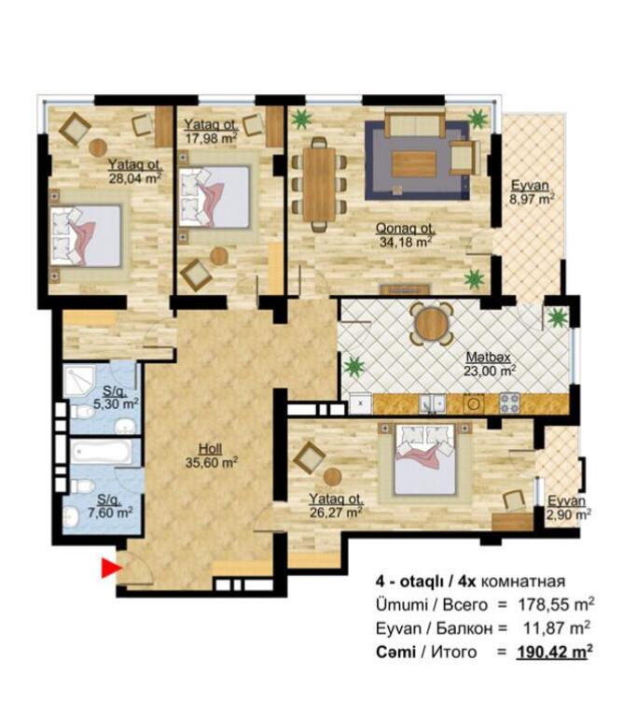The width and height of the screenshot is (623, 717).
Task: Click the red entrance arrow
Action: (x=111, y=569)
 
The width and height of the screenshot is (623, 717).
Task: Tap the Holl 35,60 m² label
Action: (x=211, y=456)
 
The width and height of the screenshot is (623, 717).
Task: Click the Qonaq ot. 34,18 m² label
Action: (x=406, y=235)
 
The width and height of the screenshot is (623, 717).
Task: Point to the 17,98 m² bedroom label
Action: (x=211, y=132)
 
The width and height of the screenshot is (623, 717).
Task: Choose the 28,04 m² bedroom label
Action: (x=134, y=171)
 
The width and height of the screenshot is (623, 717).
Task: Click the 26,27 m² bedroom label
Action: (x=337, y=506)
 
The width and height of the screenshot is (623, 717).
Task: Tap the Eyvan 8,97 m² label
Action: (x=532, y=192)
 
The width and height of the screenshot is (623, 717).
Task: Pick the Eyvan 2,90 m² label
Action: (x=568, y=508)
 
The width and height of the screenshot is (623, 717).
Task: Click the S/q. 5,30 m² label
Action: (x=116, y=398)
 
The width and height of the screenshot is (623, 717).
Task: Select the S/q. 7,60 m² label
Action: (x=111, y=505)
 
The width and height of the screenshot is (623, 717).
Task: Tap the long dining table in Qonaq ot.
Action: (x=319, y=184)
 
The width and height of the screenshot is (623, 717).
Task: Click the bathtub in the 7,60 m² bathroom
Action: (x=101, y=453)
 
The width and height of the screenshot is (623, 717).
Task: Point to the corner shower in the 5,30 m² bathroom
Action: (x=79, y=380)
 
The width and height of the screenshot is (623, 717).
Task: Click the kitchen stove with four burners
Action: (x=510, y=402)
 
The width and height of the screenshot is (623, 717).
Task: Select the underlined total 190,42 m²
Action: (x=555, y=651)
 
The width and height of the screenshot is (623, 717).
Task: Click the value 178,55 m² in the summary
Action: (x=556, y=605)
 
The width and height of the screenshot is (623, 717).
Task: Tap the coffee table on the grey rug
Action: (x=414, y=163)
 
